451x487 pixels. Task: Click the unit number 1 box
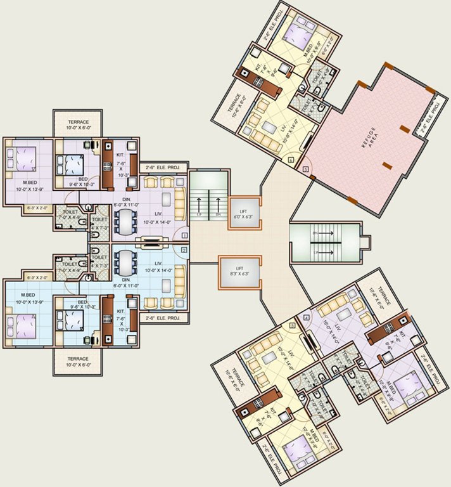184,235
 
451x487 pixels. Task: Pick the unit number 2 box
184,250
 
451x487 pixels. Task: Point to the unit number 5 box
307,170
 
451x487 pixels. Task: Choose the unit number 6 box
291,160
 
